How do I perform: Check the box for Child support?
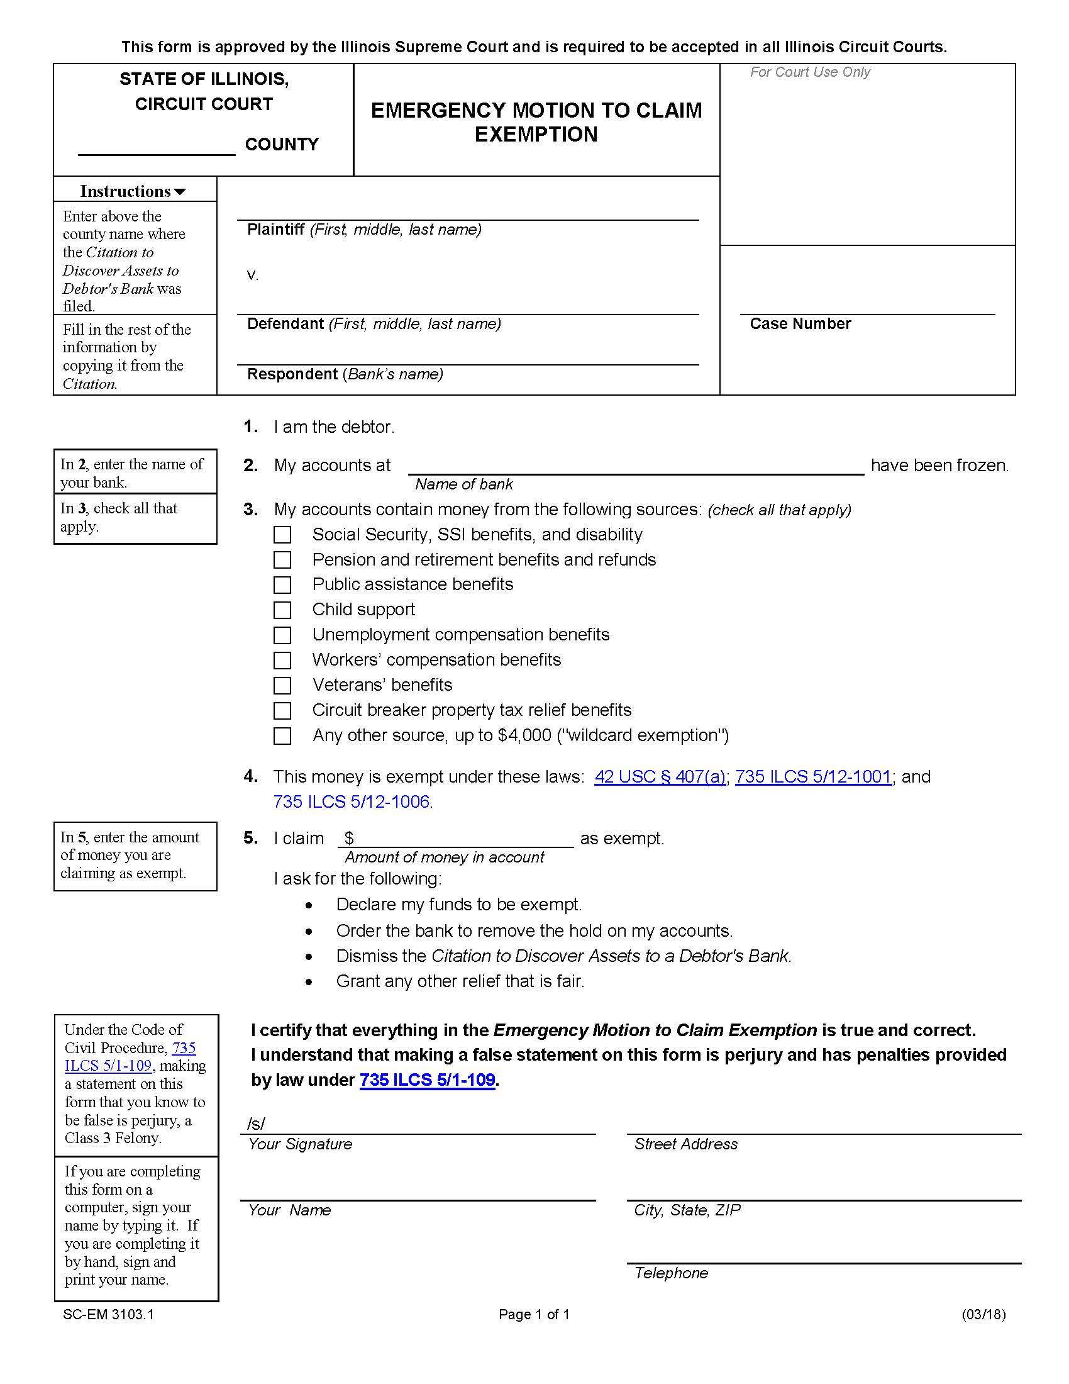tap(282, 610)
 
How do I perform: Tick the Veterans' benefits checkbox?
tap(282, 686)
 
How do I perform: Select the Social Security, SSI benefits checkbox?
tap(282, 535)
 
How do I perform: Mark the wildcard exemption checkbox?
tap(282, 736)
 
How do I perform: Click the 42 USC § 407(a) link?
tap(659, 777)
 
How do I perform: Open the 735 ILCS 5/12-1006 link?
tap(352, 802)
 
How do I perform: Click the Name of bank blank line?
tap(635, 466)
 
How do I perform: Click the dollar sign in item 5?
tap(349, 839)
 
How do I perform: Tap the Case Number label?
tap(800, 324)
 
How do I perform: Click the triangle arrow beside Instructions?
tap(180, 192)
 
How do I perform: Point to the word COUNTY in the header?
tap(282, 145)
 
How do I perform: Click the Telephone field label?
tap(671, 1273)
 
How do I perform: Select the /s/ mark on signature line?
tap(256, 1124)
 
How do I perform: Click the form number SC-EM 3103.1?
tap(108, 1314)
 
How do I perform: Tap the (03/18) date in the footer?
tap(983, 1314)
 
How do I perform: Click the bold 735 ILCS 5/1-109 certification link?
tap(427, 1080)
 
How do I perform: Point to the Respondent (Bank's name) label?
tap(345, 374)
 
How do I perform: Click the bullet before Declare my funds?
tap(308, 905)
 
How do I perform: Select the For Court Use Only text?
tap(809, 72)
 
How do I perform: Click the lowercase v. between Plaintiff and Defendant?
tap(252, 275)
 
